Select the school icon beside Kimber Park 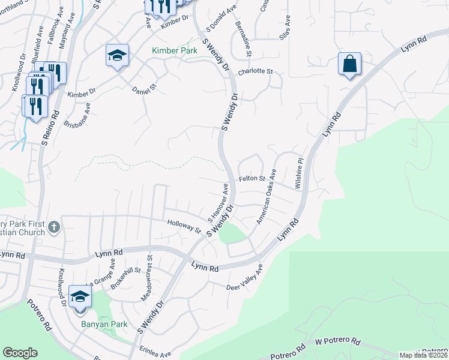118,56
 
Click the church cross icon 54,227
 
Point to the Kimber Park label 174,51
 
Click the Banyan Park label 104,325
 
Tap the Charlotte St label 255,71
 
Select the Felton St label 252,179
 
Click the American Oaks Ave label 266,196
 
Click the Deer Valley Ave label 245,280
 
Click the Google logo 20,353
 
